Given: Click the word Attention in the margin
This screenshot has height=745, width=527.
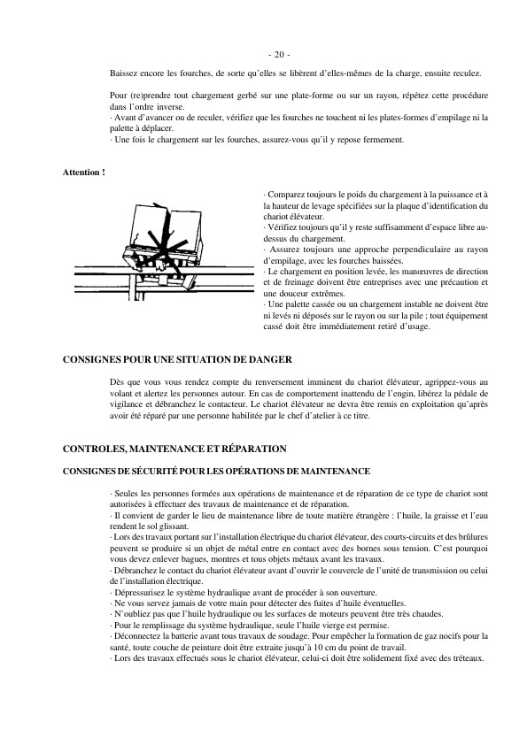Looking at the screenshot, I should (x=81, y=171).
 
